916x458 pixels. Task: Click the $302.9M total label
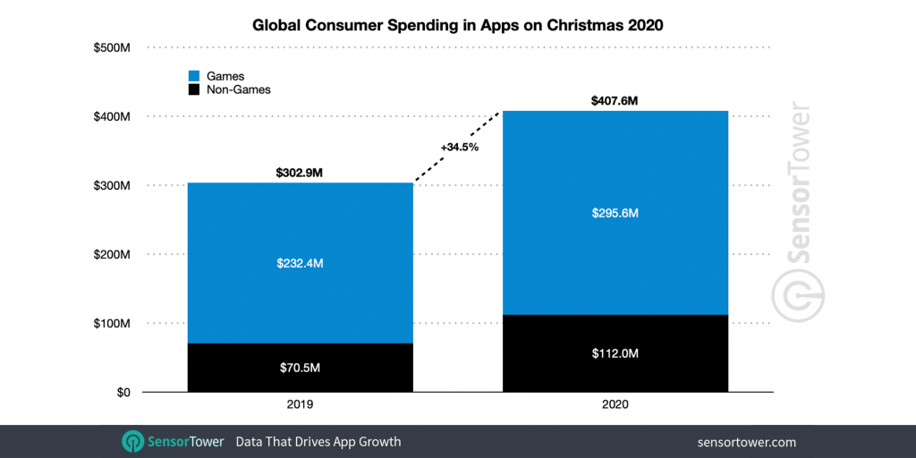[x=301, y=171]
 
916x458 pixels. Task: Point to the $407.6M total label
[x=615, y=101]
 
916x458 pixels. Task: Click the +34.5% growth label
[x=460, y=147]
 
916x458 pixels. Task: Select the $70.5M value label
[x=301, y=367]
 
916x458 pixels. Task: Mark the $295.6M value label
[x=615, y=214]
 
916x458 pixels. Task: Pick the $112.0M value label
[x=615, y=353]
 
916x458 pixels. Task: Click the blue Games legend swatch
[x=193, y=77]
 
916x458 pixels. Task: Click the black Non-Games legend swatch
[x=193, y=90]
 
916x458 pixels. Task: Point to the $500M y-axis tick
[x=112, y=47]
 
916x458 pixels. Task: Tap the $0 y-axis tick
[x=122, y=393]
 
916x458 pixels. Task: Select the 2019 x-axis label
[x=301, y=405]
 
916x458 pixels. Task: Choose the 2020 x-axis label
[x=615, y=405]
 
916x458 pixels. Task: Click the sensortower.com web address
[x=746, y=442]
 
